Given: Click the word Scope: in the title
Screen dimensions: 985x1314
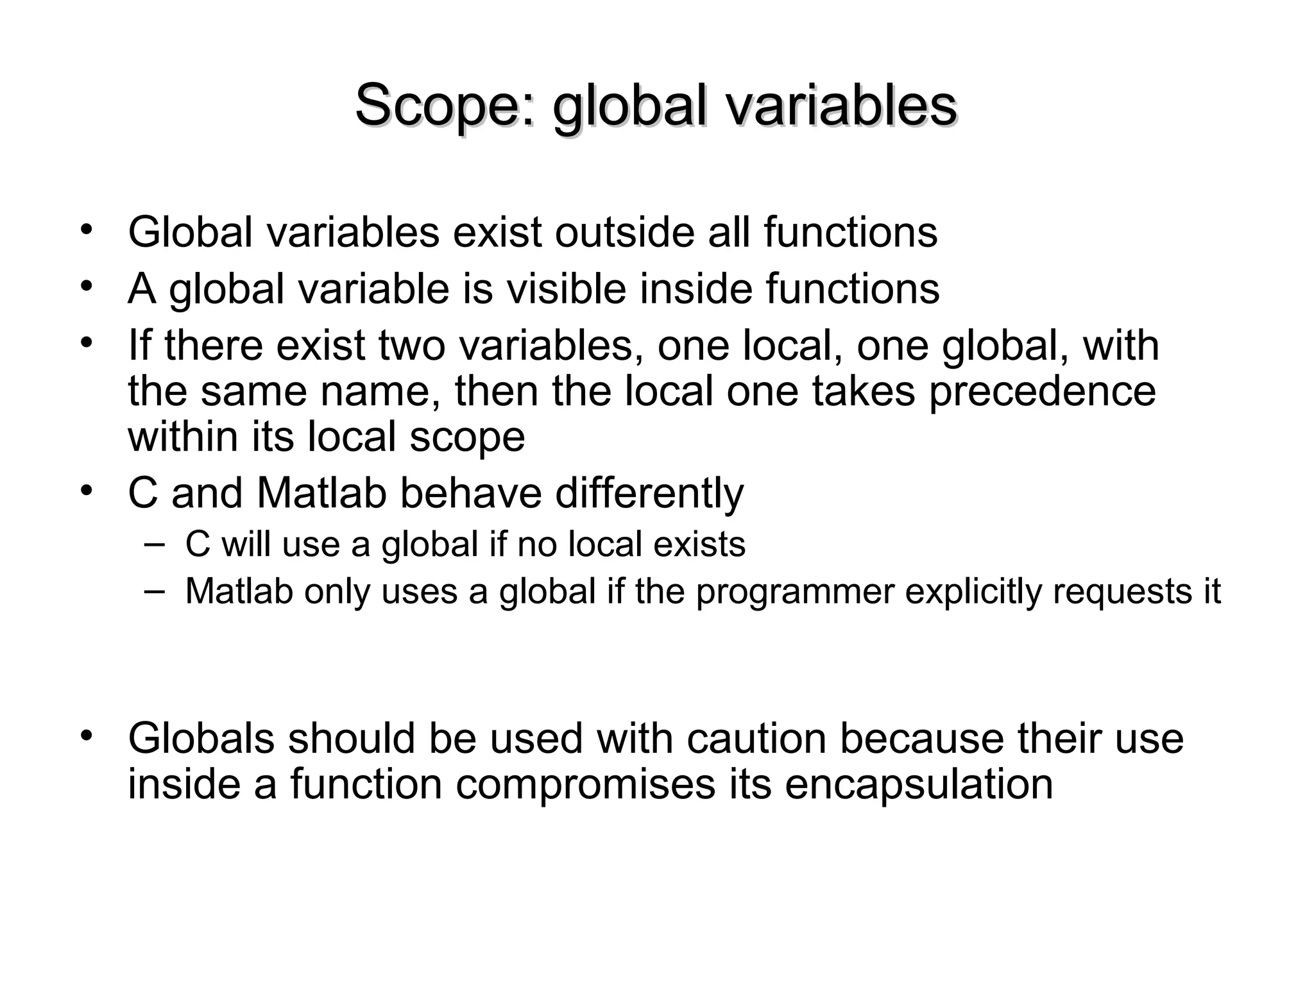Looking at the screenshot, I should (445, 106).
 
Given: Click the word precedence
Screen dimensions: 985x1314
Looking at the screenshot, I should (1043, 392).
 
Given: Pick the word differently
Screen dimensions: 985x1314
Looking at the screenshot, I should (649, 493).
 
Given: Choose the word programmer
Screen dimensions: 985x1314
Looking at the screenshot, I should (795, 591).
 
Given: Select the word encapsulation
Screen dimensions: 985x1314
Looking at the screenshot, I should (919, 784).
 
